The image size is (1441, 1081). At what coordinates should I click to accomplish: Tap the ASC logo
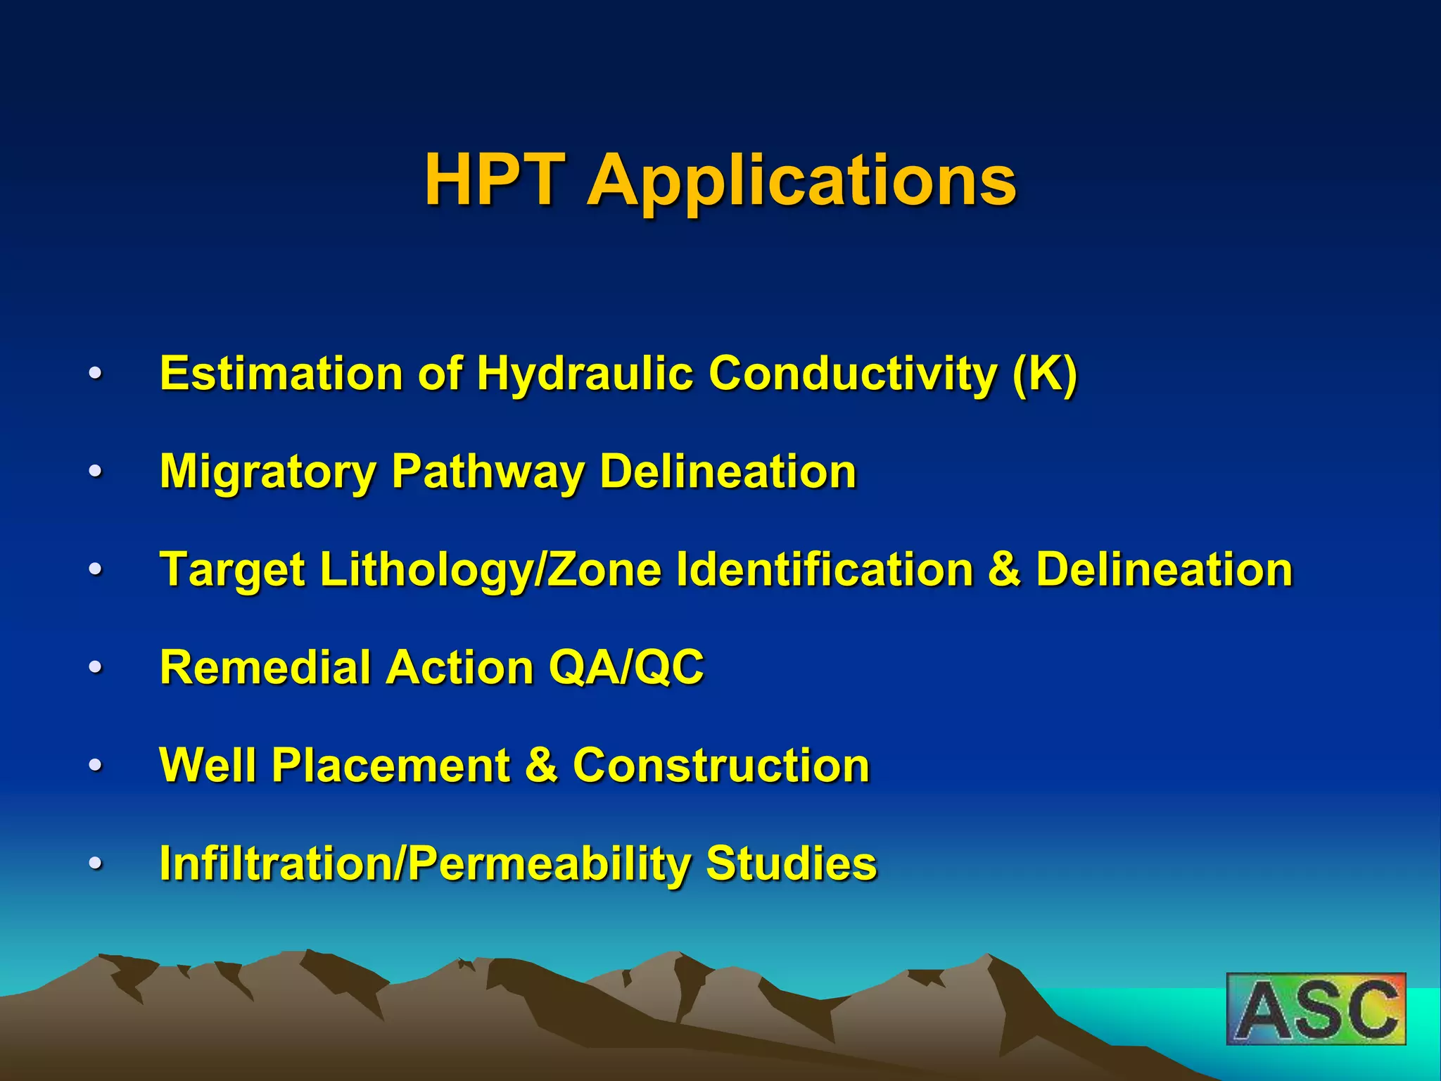1316,1009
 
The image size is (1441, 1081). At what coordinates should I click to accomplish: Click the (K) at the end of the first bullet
1045,373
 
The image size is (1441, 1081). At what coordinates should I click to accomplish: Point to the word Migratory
268,472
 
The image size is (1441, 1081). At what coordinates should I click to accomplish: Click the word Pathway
488,472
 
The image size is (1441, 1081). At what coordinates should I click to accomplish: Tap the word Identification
824,569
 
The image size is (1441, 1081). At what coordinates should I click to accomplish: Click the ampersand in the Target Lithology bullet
1004,569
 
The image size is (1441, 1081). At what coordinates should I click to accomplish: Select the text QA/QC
626,667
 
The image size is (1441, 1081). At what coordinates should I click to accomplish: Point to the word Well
208,765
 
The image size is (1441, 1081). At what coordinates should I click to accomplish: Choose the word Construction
721,765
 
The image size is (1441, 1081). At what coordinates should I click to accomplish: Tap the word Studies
792,864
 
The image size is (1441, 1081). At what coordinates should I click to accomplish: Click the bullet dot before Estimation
96,373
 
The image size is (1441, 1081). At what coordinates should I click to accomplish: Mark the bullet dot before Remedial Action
96,667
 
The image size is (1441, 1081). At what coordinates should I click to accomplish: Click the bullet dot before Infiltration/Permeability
96,864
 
